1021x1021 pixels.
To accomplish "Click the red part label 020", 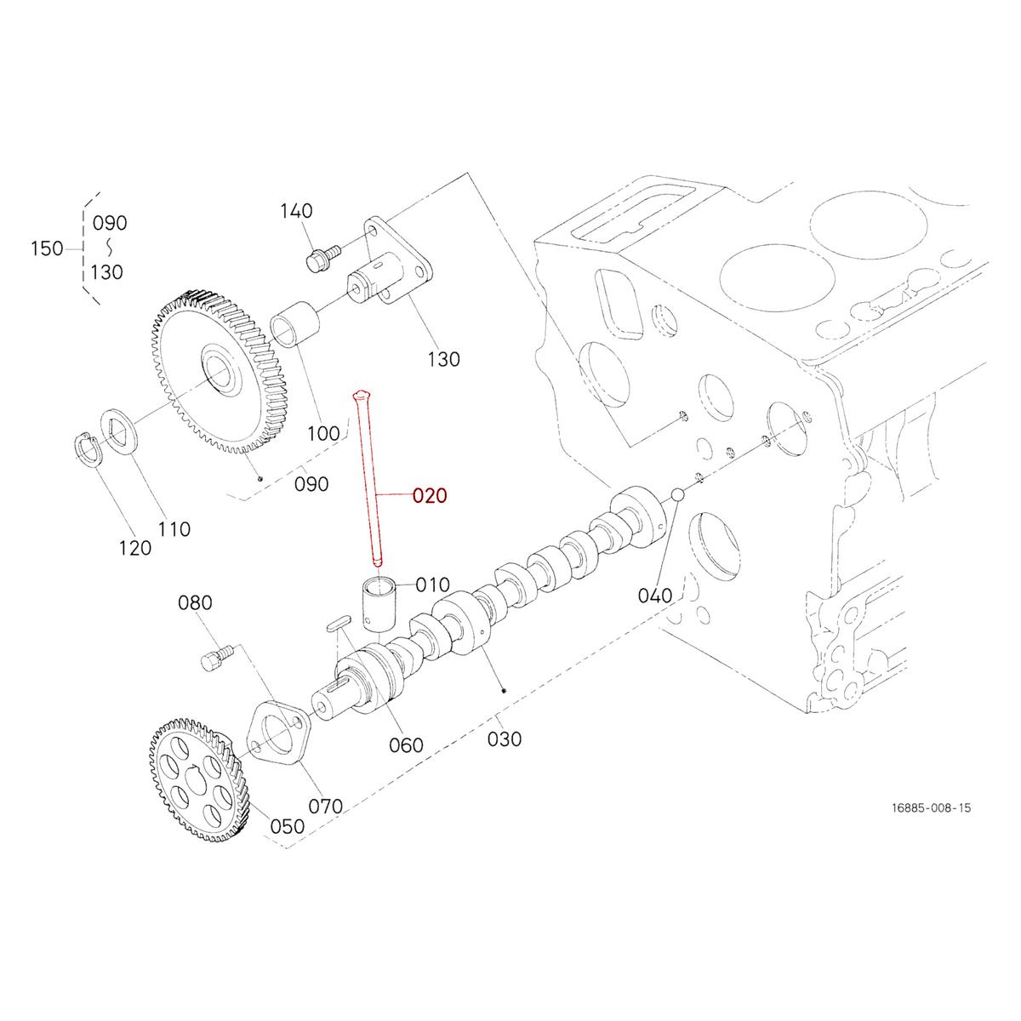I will click(430, 496).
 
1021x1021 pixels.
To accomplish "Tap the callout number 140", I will click(296, 211).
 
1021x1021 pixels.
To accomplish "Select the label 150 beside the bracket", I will click(47, 248).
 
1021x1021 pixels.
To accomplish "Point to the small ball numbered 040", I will click(678, 493).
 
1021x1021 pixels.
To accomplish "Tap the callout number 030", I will click(505, 739).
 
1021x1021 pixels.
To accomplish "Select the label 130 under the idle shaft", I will click(442, 359).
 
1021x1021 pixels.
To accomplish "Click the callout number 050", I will click(287, 826).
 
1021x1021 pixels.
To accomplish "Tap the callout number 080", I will click(195, 603).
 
